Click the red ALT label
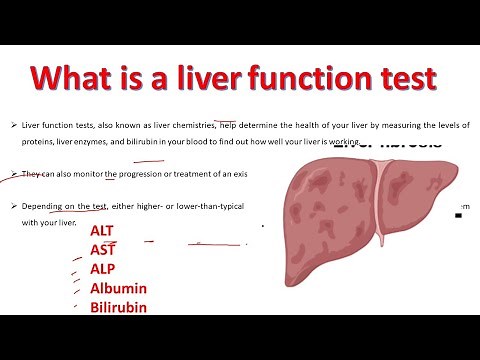pyautogui.click(x=104, y=234)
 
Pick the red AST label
pyautogui.click(x=103, y=251)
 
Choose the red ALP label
pyautogui.click(x=104, y=270)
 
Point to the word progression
pyautogui.click(x=145, y=174)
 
